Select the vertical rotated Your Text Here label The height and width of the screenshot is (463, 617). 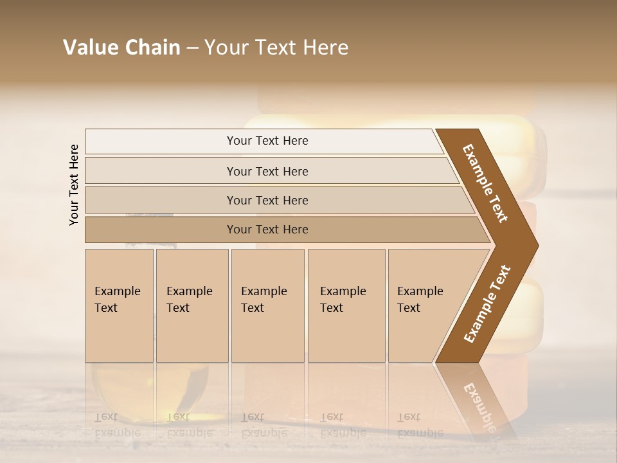coord(74,185)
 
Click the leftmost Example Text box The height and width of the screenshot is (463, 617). coord(119,305)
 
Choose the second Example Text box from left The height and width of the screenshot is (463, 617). coord(192,305)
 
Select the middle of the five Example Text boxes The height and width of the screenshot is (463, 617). coord(267,305)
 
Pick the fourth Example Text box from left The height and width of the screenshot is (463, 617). coord(346,305)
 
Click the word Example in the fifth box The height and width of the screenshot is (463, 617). coord(420,291)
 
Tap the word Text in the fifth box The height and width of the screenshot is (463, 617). coord(409,308)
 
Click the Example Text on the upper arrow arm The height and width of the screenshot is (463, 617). coord(485,183)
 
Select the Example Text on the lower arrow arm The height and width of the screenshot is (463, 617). coord(487,304)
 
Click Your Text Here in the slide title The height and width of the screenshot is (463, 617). coord(276,48)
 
